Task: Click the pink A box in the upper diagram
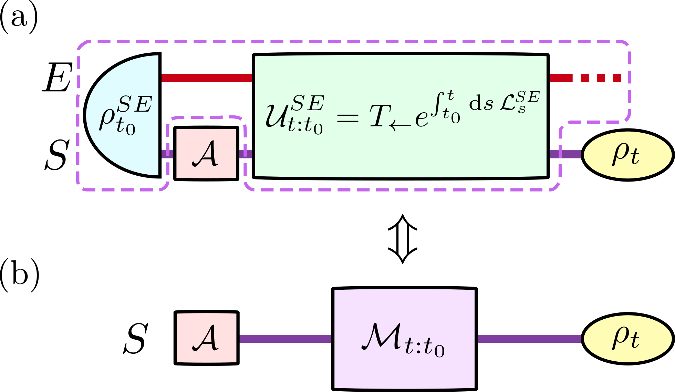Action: (x=206, y=154)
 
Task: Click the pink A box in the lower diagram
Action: (x=206, y=338)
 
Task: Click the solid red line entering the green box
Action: (x=207, y=78)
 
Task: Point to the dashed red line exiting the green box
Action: (x=585, y=78)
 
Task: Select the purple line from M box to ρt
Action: (x=529, y=339)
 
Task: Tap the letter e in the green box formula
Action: (x=422, y=119)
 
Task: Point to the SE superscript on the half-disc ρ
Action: (x=134, y=104)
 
